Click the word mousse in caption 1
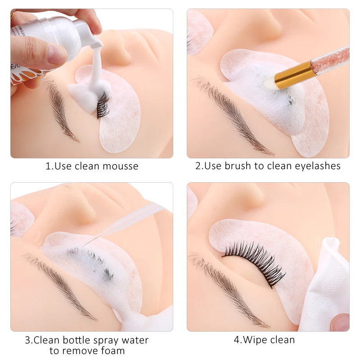120,166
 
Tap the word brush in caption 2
238,166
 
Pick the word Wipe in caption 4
255,340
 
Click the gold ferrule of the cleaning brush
294,74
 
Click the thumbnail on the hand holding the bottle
56,54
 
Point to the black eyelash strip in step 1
103,104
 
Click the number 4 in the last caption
237,340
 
